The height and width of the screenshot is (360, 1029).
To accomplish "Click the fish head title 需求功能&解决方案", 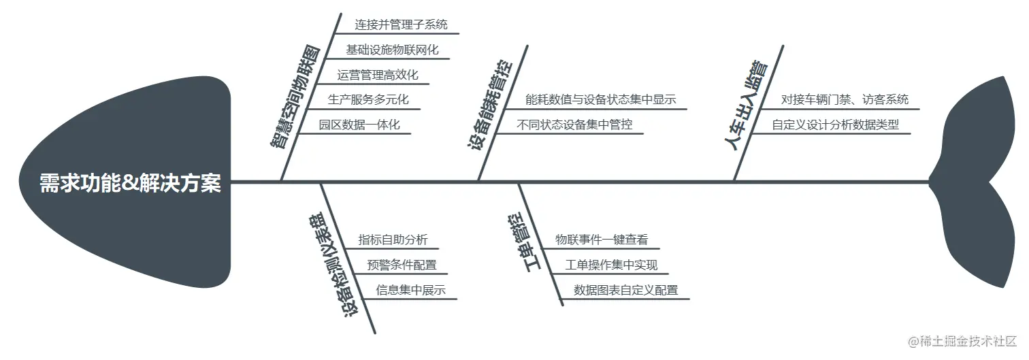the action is point(130,183).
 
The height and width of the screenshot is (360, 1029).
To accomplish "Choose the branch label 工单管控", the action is point(525,242).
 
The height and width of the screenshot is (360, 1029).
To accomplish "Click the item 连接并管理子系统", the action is point(401,25).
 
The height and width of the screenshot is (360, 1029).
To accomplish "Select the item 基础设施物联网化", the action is point(392,50).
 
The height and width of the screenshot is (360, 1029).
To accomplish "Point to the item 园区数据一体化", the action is point(359,125).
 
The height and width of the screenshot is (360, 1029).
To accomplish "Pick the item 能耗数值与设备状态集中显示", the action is point(600,100).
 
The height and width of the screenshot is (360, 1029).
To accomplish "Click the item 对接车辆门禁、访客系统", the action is point(844,100).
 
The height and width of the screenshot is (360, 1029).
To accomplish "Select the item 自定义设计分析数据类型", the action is point(835,125).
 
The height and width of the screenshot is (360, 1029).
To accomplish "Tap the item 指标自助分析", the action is point(393,240).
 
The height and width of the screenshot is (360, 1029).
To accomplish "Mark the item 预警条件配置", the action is point(402,265).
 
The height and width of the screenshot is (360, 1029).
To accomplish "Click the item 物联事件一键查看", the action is point(602,240).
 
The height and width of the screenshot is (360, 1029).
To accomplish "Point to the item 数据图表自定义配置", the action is point(625,290).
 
